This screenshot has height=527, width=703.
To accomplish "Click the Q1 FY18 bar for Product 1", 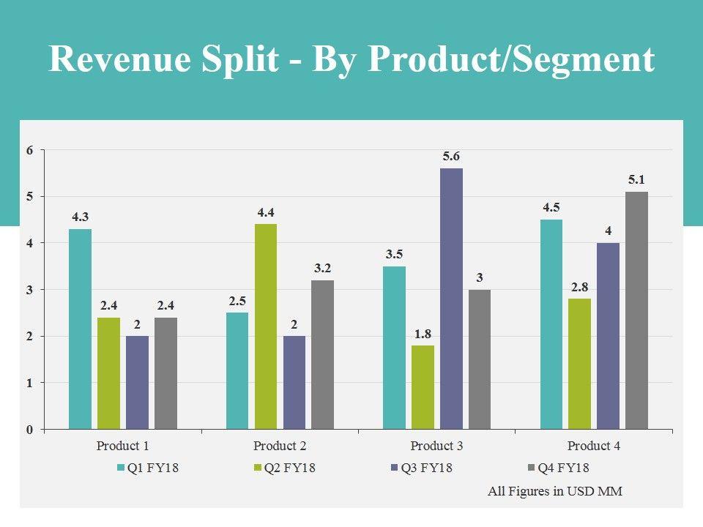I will tap(80, 329).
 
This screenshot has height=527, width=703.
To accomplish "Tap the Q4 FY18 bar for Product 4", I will tap(636, 310).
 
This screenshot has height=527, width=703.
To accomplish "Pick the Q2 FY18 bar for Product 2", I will tap(266, 326).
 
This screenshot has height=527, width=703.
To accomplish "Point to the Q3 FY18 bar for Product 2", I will tap(294, 382).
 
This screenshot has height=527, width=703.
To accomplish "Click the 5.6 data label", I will tap(451, 156).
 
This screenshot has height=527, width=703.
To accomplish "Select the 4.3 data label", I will tap(81, 217).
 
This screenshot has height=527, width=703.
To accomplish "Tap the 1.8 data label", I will tap(423, 333).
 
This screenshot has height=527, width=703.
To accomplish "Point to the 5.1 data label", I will tap(636, 179).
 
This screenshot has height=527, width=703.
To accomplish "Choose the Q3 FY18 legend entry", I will tap(423, 468).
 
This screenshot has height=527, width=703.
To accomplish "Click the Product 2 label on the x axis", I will tap(280, 446).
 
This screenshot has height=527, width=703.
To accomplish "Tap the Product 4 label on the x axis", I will tap(594, 446).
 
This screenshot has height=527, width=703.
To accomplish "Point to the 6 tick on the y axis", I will tap(30, 150).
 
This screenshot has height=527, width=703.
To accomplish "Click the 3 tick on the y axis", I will tap(30, 290).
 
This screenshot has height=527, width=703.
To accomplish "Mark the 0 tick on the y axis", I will tap(30, 430).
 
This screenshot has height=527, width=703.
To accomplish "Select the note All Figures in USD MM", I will tap(555, 491).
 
